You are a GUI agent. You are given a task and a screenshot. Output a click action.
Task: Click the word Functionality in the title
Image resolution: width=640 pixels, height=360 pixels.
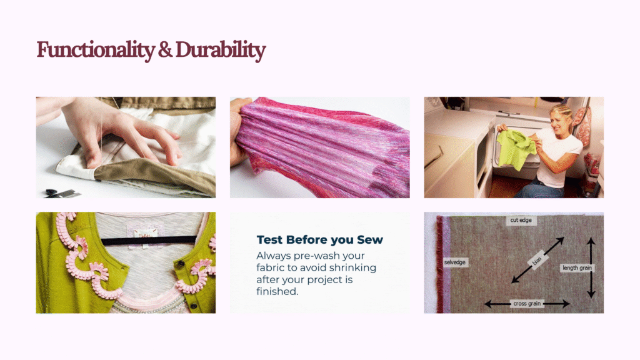pyautogui.click(x=96, y=51)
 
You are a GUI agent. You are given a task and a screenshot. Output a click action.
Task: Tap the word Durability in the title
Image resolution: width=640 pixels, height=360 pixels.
pyautogui.click(x=221, y=50)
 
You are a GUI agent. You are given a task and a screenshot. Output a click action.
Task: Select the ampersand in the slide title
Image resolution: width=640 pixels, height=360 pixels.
pyautogui.click(x=165, y=50)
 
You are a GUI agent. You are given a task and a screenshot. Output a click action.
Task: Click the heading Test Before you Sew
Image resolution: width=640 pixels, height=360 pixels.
pyautogui.click(x=319, y=239)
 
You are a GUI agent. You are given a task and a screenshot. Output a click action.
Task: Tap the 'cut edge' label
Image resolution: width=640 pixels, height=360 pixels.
pyautogui.click(x=521, y=220)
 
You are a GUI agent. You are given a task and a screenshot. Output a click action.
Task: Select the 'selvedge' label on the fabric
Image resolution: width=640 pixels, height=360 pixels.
pyautogui.click(x=455, y=262)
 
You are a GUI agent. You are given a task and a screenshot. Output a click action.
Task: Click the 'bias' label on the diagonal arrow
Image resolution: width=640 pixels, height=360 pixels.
pyautogui.click(x=536, y=260)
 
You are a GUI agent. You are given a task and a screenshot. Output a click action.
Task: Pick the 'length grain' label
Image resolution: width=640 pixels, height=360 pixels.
pyautogui.click(x=577, y=267)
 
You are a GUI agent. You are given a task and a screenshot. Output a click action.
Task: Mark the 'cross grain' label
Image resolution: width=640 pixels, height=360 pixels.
pyautogui.click(x=527, y=304)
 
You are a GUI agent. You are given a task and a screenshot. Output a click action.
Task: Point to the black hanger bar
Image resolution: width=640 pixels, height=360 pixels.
pyautogui.click(x=149, y=241)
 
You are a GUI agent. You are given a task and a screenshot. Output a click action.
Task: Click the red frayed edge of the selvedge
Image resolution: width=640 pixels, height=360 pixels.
pyautogui.click(x=439, y=264)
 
